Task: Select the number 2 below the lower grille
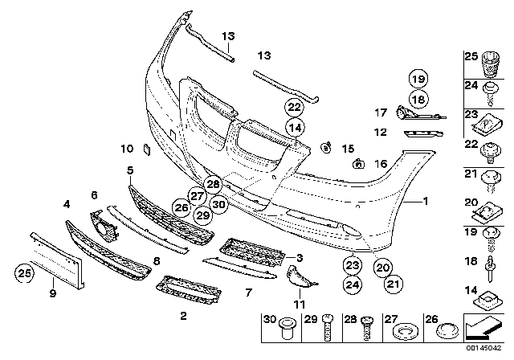[x=184, y=315]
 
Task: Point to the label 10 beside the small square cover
[x=126, y=149]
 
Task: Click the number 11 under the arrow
[x=299, y=303]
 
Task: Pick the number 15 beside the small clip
[x=348, y=149]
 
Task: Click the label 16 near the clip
[x=381, y=164]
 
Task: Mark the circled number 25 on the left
[x=26, y=276]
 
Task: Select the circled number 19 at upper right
[x=418, y=80]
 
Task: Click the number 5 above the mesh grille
[x=130, y=170]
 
